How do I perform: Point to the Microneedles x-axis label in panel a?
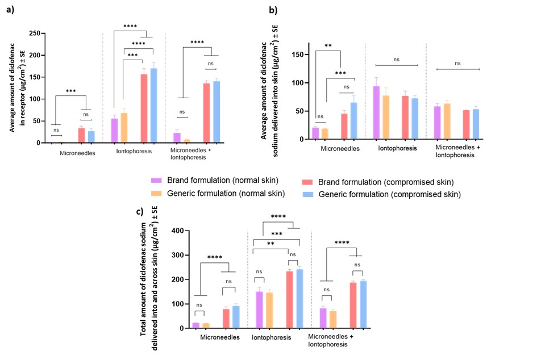[78, 153]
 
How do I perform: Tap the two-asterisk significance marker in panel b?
[328, 46]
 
